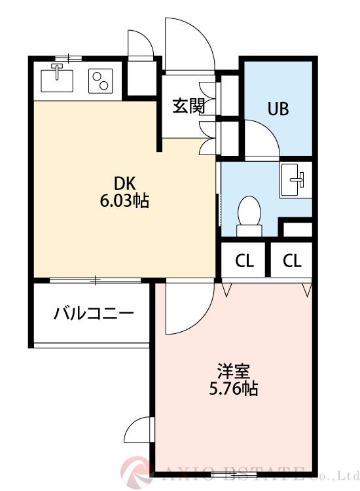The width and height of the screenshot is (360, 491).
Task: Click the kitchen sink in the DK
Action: [58, 79]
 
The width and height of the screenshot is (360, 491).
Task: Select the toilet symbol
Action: [249, 215]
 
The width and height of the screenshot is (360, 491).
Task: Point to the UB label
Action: [277, 109]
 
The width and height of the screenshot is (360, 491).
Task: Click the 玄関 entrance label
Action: [189, 106]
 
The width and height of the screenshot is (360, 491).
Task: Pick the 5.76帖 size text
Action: [234, 389]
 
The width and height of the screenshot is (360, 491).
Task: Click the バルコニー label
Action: [94, 312]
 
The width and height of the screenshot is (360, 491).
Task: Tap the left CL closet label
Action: [245, 261]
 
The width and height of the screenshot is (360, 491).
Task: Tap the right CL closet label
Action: [292, 261]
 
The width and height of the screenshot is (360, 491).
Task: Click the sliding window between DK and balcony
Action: [96, 281]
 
